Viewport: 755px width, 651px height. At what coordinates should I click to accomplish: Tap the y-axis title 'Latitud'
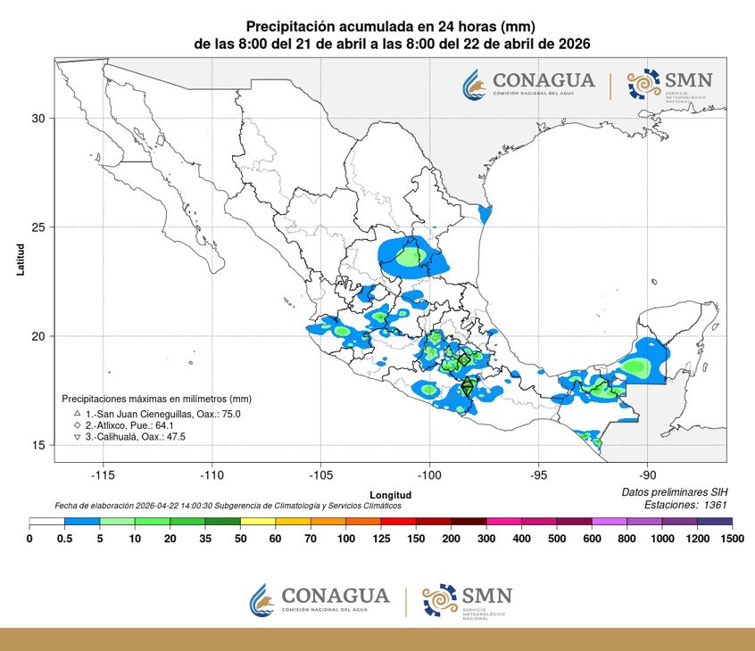[x=21, y=260]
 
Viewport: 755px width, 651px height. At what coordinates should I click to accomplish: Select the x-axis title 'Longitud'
[x=391, y=494]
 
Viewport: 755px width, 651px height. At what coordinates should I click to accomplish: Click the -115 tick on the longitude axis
[x=103, y=475]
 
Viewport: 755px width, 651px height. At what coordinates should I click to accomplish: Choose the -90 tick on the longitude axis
[x=648, y=475]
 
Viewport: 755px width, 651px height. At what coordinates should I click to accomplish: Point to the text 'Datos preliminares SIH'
[x=675, y=492]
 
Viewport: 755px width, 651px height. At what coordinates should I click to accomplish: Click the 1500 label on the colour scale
[x=731, y=538]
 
